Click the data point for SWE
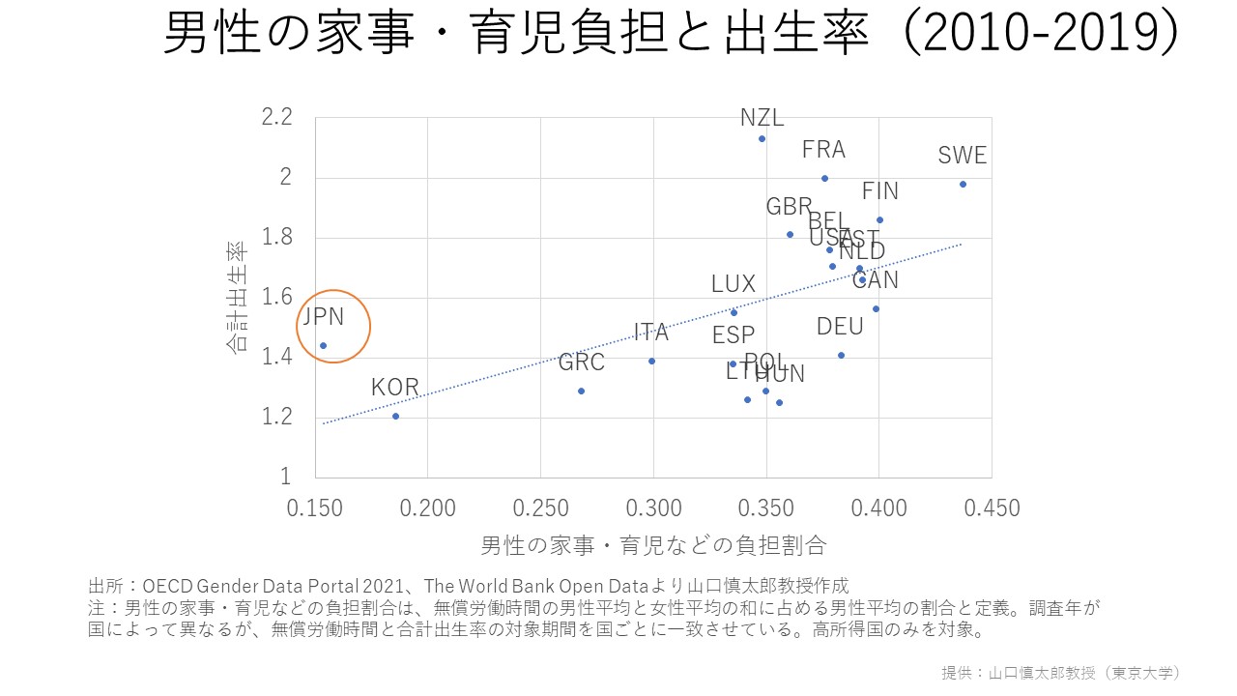point(963,184)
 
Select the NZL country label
point(762,118)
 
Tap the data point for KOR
point(395,416)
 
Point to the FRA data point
point(824,178)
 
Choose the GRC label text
point(582,362)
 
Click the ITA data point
point(651,361)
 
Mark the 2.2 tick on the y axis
point(276,118)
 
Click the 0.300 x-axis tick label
point(653,508)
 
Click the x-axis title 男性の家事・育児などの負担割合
point(653,545)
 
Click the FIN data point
point(879,219)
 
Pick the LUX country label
point(733,284)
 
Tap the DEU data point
point(841,355)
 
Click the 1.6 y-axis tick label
point(276,298)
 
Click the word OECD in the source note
point(168,586)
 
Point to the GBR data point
point(790,234)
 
